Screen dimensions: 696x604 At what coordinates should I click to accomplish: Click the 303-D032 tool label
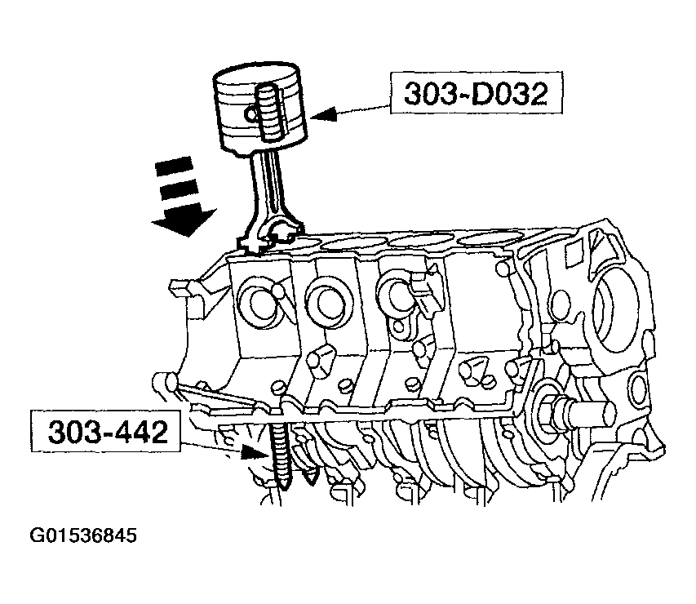tap(477, 93)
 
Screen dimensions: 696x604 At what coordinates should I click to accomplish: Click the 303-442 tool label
tap(105, 431)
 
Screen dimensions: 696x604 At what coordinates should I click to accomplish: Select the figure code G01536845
tap(83, 535)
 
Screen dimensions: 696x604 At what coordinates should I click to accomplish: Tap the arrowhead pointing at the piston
tap(323, 114)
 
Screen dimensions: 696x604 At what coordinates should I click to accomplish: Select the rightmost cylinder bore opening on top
tap(490, 239)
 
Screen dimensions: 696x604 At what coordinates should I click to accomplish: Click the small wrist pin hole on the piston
tap(251, 115)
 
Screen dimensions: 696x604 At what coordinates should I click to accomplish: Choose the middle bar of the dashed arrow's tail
tap(178, 190)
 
